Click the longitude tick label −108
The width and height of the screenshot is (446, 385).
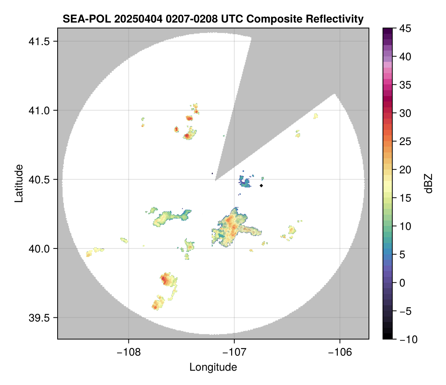click(x=128, y=353)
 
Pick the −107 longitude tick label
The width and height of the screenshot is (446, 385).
click(x=234, y=353)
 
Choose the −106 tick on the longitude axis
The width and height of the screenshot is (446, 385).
click(x=340, y=353)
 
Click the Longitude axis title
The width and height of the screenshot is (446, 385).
click(x=213, y=367)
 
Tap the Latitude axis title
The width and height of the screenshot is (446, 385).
click(x=19, y=183)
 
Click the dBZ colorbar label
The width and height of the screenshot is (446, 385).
click(x=428, y=184)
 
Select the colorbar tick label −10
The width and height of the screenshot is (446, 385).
click(x=407, y=339)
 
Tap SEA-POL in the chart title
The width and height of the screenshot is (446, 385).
click(x=82, y=19)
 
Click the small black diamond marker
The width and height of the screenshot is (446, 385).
click(x=262, y=185)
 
